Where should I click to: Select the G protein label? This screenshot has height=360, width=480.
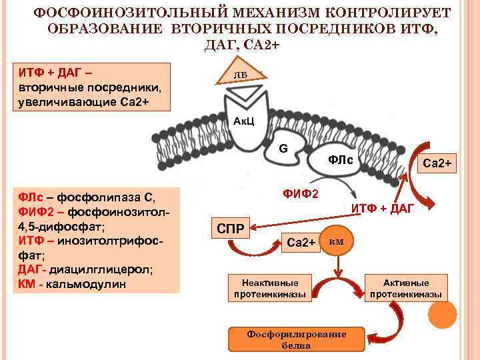[283, 147]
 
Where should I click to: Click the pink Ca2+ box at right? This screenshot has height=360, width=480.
[437, 163]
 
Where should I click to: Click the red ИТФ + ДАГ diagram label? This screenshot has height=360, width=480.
[383, 209]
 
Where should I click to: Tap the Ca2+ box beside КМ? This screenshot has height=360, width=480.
[300, 242]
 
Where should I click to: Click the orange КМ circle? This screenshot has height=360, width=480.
[336, 241]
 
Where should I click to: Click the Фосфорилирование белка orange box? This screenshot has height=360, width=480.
[296, 339]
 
